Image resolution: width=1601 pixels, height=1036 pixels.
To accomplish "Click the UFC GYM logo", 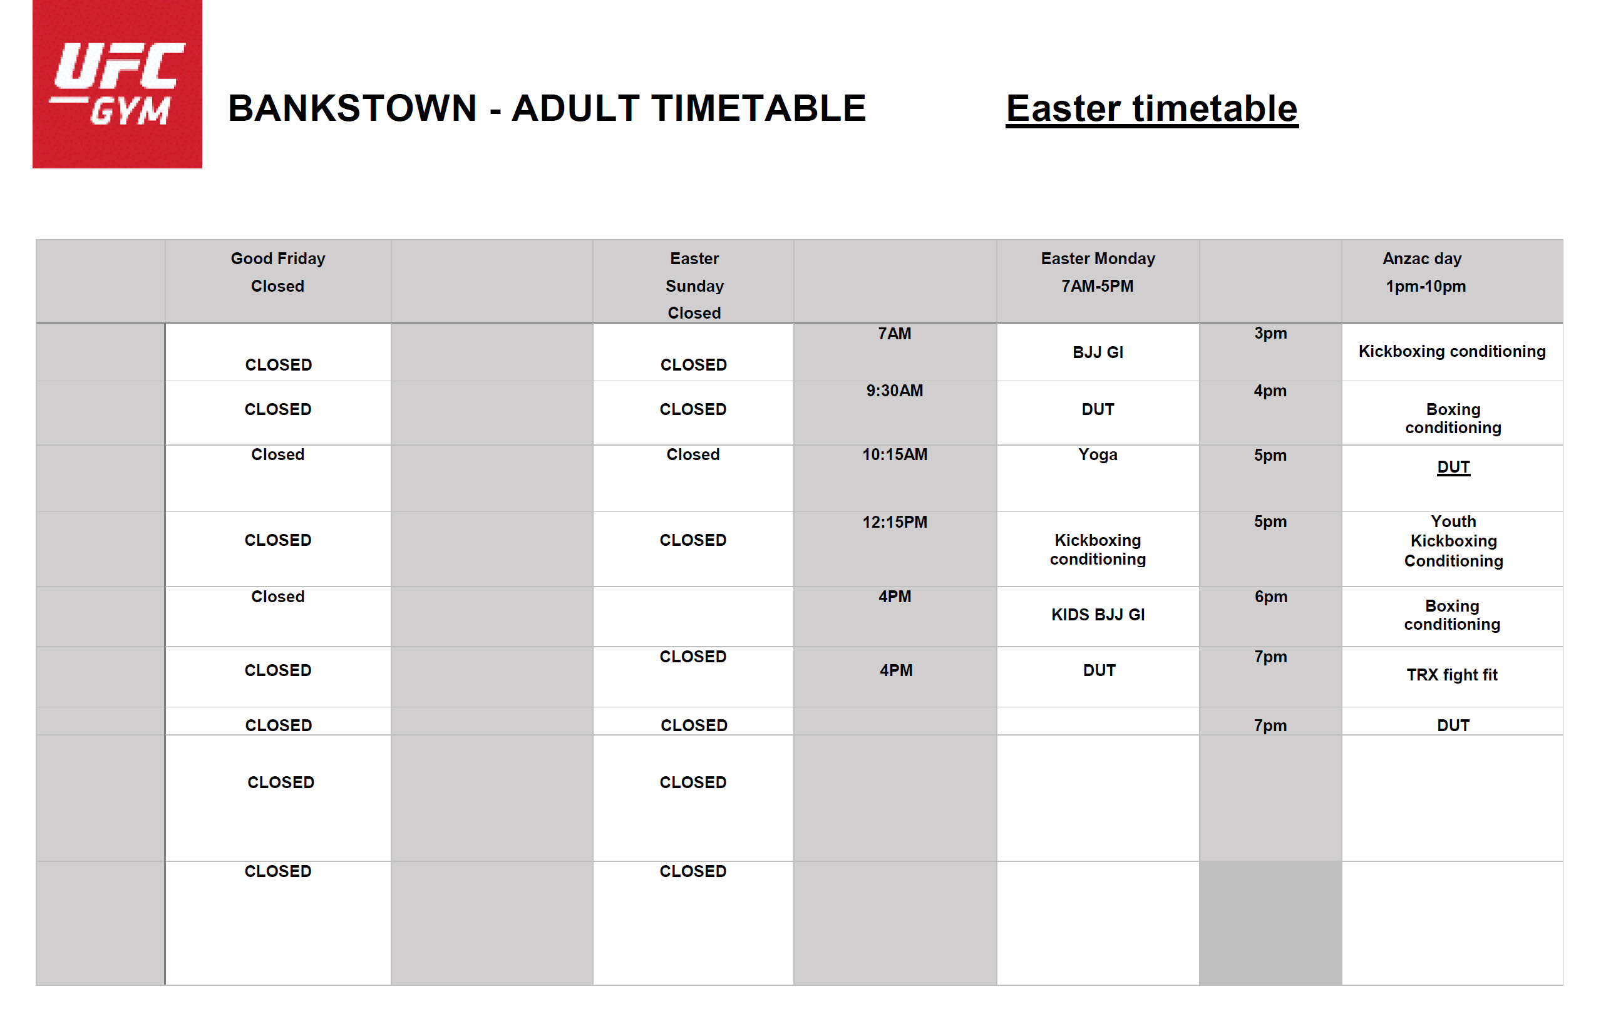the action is (117, 83).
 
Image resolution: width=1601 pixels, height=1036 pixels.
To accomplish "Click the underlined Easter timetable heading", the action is (1151, 108).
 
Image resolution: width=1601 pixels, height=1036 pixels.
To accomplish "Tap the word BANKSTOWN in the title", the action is (353, 108).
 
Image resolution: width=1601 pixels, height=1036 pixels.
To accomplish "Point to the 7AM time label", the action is (895, 334).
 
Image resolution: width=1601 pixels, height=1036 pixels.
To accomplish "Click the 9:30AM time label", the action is (895, 391).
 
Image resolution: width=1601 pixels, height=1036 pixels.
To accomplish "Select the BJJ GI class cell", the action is (1098, 352).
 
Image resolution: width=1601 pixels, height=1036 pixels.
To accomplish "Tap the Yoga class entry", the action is (1098, 454).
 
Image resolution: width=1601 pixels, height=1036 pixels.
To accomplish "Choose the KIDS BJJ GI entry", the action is (1098, 615).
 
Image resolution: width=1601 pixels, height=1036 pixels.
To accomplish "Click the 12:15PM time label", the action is (895, 522).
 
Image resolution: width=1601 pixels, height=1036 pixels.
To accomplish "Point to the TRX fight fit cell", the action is (1453, 675).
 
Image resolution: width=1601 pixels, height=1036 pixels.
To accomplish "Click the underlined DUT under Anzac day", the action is (1453, 467).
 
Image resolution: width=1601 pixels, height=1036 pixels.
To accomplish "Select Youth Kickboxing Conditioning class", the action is (1453, 541).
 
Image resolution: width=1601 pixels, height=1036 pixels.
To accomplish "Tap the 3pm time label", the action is (1270, 334).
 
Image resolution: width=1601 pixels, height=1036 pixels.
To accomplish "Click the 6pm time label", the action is (1270, 597).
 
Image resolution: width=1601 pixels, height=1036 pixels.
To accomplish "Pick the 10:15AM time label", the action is (895, 454).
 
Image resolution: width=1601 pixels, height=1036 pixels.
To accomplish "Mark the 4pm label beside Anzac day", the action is (1270, 391).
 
